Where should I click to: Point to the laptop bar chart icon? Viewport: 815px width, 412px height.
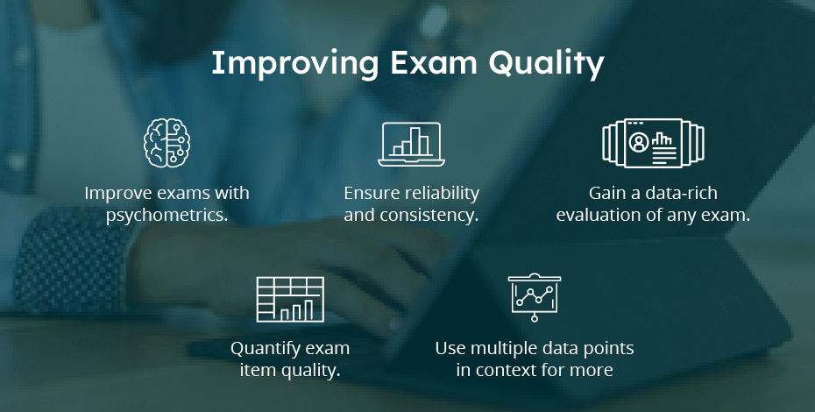pos(410,143)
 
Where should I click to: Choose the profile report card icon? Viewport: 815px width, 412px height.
pos(653,143)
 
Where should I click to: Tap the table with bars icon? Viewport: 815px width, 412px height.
pos(289,299)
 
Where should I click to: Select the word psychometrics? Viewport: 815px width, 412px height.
pos(167,215)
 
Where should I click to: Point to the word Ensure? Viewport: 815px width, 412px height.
pos(369,193)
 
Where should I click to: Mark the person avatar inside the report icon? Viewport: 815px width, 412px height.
pos(638,140)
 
